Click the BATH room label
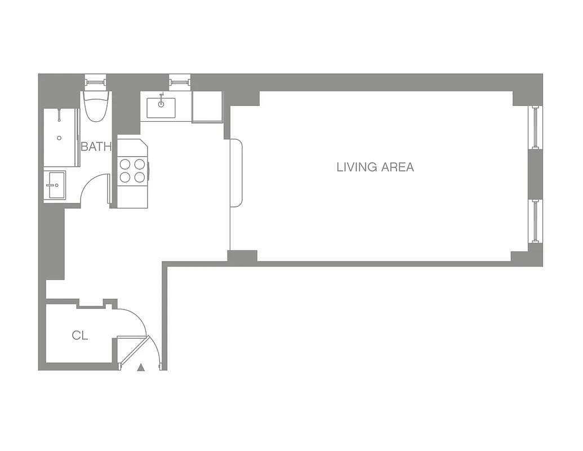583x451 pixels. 96,147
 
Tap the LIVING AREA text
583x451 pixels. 375,167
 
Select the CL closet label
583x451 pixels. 80,335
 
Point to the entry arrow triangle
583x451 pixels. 141,368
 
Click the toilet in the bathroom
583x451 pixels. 95,106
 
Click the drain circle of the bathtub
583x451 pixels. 59,138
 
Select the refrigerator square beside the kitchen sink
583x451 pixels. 207,107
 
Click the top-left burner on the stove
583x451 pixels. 125,165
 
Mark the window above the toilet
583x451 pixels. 95,82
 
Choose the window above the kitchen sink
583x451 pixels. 180,82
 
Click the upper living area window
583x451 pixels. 536,127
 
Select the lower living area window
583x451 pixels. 536,221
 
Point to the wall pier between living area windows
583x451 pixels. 535,174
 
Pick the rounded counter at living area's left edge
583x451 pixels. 236,173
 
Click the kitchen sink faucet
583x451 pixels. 161,96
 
